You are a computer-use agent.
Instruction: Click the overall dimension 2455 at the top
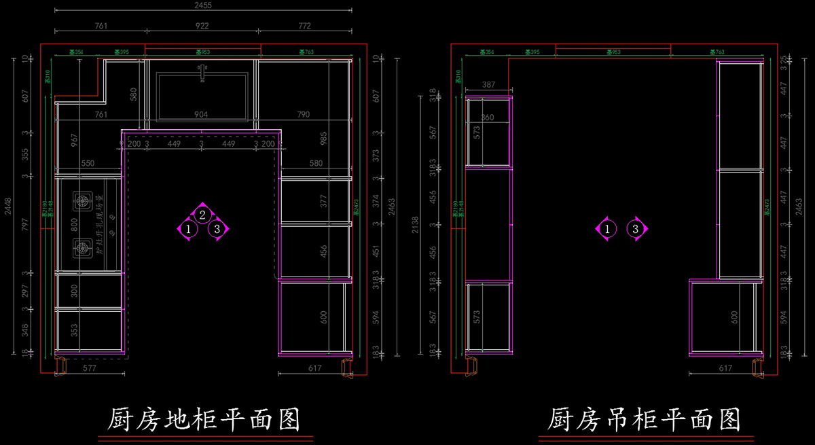[202, 5]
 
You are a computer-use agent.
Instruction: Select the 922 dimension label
[202, 26]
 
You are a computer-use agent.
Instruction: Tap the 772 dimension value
[304, 26]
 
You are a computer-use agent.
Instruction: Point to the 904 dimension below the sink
[201, 115]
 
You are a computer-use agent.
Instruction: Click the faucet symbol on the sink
[202, 70]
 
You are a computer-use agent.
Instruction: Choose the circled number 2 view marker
[202, 215]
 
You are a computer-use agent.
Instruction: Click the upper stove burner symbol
[82, 201]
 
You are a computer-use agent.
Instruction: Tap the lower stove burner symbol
[82, 248]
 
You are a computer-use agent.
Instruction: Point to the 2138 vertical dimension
[416, 226]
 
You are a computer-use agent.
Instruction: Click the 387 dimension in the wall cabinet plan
[488, 85]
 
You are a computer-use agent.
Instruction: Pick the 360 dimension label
[488, 118]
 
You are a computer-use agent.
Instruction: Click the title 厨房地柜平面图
[204, 420]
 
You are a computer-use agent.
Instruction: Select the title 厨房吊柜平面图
[644, 420]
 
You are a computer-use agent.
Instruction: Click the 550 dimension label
[88, 164]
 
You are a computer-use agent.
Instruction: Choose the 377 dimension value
[324, 201]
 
